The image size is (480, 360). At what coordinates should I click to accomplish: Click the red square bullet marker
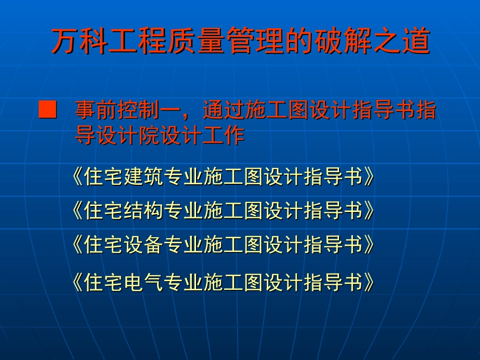pos(48,110)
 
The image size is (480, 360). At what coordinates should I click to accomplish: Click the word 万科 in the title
pos(80,41)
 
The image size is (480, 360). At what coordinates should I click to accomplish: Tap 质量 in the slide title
pos(197,41)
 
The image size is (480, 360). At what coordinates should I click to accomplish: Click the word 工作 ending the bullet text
pos(224,135)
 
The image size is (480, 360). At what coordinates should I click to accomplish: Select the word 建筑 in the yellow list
pos(143,177)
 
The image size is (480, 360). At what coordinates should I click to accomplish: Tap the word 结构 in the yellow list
pos(143,211)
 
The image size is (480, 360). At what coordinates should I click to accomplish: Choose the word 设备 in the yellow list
pos(143,244)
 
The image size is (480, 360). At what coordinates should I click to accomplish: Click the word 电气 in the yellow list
pos(143,282)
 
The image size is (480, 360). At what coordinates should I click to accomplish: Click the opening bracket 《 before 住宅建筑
pos(77,177)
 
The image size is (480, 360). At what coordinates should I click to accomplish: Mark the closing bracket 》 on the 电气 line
pos(369,282)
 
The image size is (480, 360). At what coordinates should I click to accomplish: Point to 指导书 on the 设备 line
pos(333,244)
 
